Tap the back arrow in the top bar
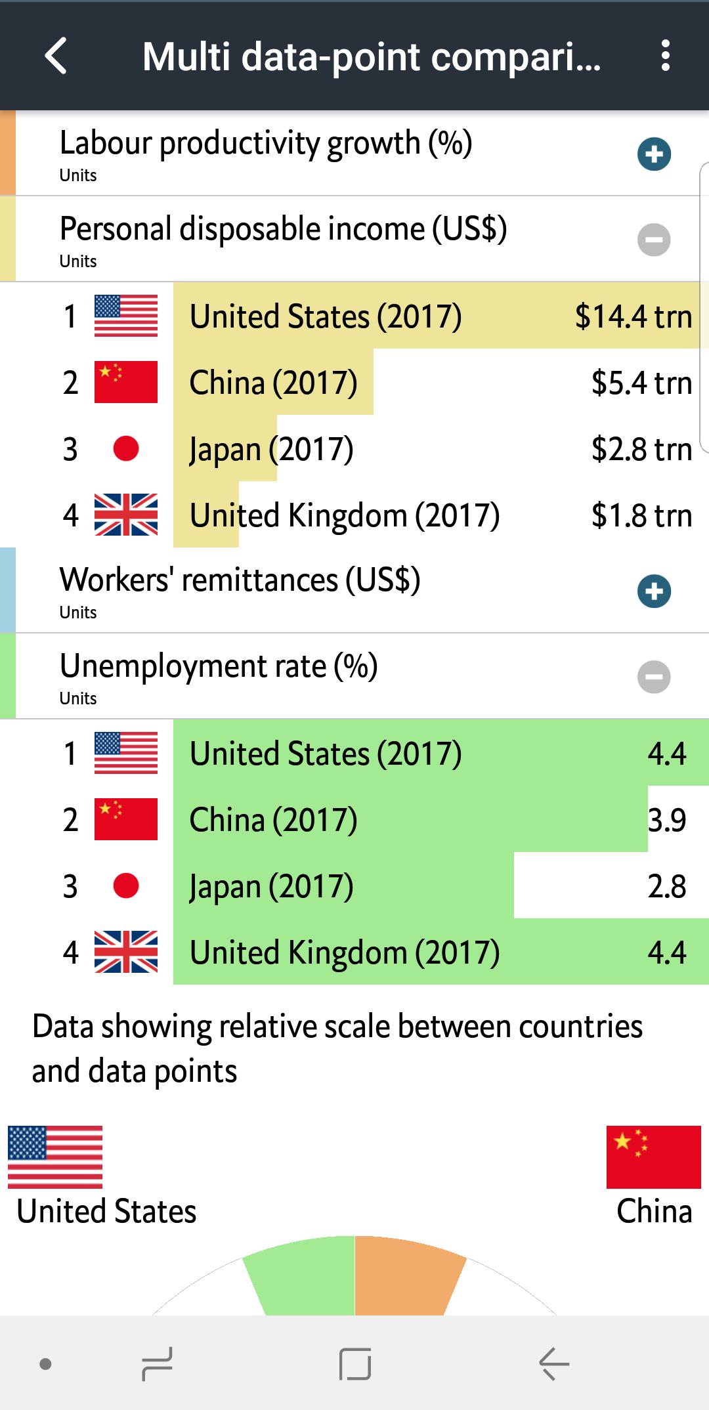pyautogui.click(x=56, y=56)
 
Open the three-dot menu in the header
pyautogui.click(x=666, y=56)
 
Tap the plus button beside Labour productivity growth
pyautogui.click(x=654, y=154)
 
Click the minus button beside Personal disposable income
pyautogui.click(x=654, y=240)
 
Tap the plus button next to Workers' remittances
pyautogui.click(x=654, y=591)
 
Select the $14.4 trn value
pyautogui.click(x=633, y=316)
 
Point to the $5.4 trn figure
pyautogui.click(x=641, y=383)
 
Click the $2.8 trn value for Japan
pyautogui.click(x=641, y=449)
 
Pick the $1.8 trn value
pyautogui.click(x=641, y=515)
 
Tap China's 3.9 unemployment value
pyautogui.click(x=666, y=820)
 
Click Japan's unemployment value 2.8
pyautogui.click(x=666, y=886)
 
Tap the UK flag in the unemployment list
pyautogui.click(x=126, y=952)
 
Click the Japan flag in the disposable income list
pyautogui.click(x=126, y=449)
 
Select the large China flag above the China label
pyautogui.click(x=653, y=1157)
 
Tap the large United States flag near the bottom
pyautogui.click(x=55, y=1157)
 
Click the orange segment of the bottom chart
pyautogui.click(x=404, y=1277)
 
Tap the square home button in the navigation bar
pyautogui.click(x=355, y=1364)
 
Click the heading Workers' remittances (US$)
pyautogui.click(x=240, y=580)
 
